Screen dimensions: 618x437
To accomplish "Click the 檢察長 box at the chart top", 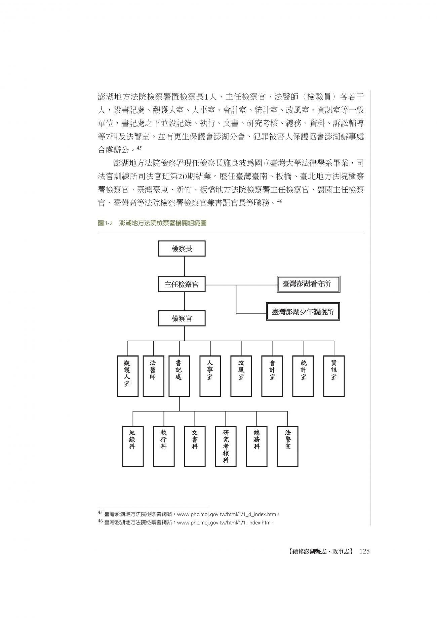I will [182, 249].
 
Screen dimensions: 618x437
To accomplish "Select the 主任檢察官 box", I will [182, 284].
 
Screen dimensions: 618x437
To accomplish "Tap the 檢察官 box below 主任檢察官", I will [182, 318].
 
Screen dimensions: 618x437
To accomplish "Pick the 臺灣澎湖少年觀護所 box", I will [303, 312].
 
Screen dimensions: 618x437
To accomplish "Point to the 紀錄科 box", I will [133, 446].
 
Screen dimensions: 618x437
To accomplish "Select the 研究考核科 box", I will [226, 446].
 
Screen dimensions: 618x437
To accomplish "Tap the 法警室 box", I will [287, 446].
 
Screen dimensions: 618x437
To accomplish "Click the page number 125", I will [364, 551].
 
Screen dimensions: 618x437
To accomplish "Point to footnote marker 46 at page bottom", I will [100, 523].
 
